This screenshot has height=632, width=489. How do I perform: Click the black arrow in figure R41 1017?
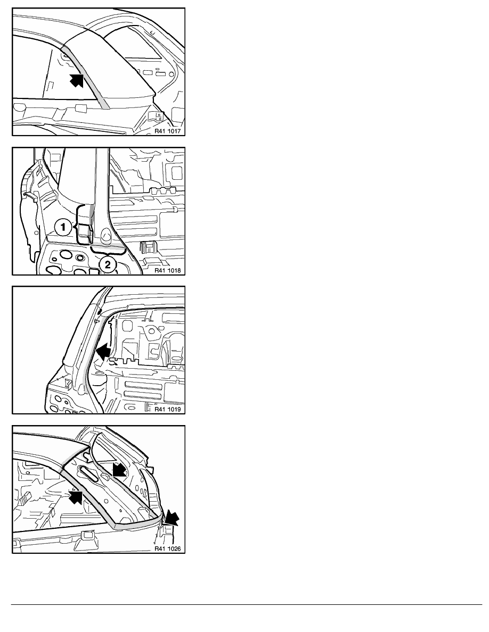point(77,80)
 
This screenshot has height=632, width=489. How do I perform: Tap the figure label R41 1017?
point(167,131)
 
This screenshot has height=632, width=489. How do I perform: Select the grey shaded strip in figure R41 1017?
point(85,77)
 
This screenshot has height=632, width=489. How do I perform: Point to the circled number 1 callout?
point(63,227)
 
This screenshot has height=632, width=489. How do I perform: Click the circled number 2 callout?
point(107,265)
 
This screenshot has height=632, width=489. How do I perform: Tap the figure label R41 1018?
point(167,270)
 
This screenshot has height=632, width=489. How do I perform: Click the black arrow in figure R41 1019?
point(103,351)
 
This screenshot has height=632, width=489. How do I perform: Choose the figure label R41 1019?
point(167,409)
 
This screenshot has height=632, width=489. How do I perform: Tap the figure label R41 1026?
point(167,548)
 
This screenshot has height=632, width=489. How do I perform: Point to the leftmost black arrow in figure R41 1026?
point(76,496)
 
